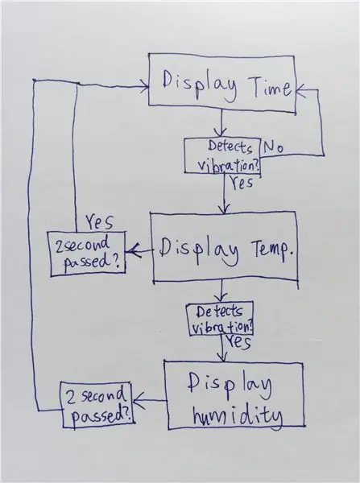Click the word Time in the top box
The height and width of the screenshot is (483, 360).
click(271, 87)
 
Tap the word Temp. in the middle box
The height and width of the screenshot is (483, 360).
click(272, 250)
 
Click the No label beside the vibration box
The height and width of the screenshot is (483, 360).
click(273, 147)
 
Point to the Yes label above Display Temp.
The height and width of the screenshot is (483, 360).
click(242, 182)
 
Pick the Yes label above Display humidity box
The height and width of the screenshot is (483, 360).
click(238, 342)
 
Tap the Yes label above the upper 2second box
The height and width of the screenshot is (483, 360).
click(99, 222)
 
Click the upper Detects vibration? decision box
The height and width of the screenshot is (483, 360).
click(222, 156)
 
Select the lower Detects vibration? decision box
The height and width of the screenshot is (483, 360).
click(220, 319)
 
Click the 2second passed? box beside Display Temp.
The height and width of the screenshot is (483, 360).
click(87, 254)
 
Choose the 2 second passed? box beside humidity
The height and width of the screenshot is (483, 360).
click(97, 405)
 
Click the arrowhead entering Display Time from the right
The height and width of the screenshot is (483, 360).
click(301, 90)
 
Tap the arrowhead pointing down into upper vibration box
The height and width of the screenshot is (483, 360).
click(221, 133)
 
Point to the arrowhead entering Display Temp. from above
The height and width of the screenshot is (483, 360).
click(225, 208)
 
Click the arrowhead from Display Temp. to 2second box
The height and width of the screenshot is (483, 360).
click(133, 251)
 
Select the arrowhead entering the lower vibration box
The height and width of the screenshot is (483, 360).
click(221, 298)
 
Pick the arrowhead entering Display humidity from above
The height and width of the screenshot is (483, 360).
click(223, 357)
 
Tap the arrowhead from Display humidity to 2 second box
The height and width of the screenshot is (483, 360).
click(139, 400)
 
